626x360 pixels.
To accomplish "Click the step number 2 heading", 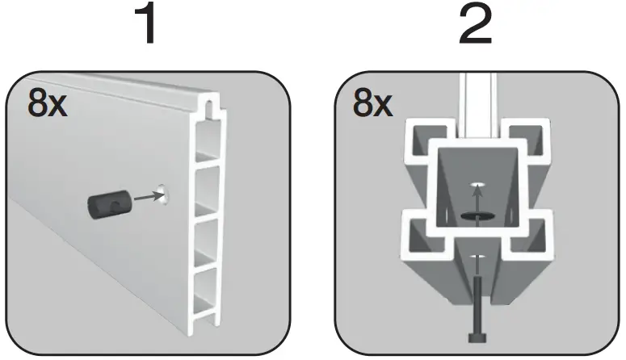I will [x=475, y=26].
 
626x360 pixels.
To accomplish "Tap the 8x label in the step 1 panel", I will [x=47, y=105].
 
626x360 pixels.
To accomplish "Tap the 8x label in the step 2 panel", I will [x=373, y=105].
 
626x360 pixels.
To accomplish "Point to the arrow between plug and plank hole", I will [x=143, y=195].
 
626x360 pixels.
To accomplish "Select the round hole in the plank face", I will [x=165, y=194].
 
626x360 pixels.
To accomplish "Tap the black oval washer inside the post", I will [x=475, y=216].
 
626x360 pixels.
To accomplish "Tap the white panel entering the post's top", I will [x=475, y=97].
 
